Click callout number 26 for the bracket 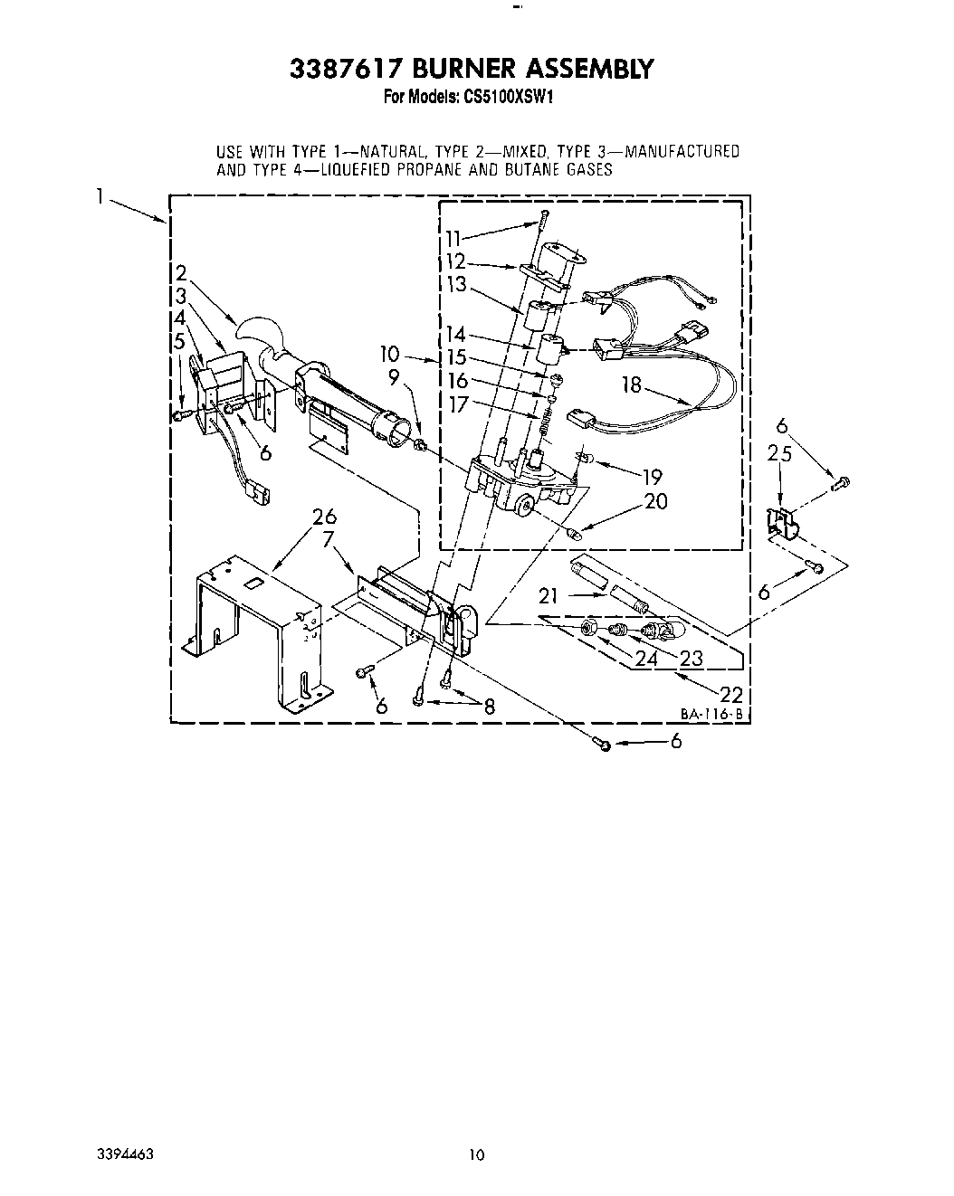coord(323,517)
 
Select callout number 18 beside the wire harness coord(631,385)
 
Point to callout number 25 coord(779,453)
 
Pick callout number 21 coord(548,595)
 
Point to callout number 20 coord(655,500)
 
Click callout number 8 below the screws coord(489,708)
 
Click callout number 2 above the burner coord(181,272)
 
